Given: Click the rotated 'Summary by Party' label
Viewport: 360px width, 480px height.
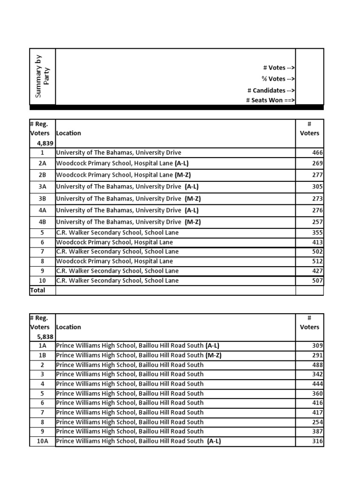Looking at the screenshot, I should click(x=42, y=76).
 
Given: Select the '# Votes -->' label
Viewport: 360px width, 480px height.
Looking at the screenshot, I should click(x=278, y=68).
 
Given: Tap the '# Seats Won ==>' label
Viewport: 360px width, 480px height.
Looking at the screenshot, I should click(x=270, y=100).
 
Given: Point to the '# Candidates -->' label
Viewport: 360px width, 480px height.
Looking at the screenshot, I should click(x=271, y=90).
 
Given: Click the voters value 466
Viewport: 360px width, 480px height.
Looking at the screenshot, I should click(x=317, y=153).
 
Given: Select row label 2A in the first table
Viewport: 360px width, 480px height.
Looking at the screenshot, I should click(x=42, y=163).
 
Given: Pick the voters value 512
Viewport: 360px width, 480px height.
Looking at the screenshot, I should click(x=317, y=262).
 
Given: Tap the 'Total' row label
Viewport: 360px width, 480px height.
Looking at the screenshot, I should click(x=37, y=290).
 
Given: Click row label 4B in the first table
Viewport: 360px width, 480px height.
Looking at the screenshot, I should click(x=42, y=222).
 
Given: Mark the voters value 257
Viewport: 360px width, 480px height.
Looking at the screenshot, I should click(x=317, y=222).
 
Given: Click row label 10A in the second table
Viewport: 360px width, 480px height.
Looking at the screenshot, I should click(x=42, y=441).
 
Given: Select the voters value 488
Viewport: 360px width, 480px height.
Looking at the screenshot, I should click(x=317, y=365).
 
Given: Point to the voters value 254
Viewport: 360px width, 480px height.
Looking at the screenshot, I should click(x=317, y=422).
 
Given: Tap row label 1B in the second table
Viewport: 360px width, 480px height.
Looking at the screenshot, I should click(x=42, y=355).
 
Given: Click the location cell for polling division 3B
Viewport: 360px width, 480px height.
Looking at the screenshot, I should click(x=127, y=199).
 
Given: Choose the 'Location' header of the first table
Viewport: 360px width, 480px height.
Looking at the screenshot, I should click(x=68, y=133).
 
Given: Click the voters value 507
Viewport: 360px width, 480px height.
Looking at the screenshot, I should click(x=317, y=281).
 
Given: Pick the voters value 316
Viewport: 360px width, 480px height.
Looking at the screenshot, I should click(x=317, y=441).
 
